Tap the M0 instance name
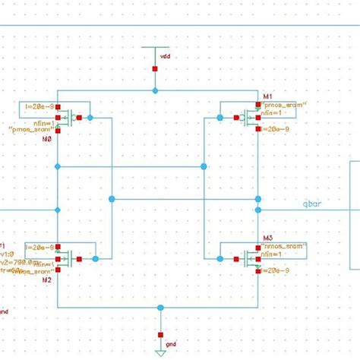(27, 139)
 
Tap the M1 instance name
(267, 96)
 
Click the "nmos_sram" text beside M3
(283, 247)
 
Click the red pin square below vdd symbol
(155, 68)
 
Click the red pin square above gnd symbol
(159, 333)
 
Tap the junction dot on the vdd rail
(155, 90)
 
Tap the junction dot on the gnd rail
(159, 308)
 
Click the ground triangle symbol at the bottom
(159, 352)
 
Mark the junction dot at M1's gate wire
(219, 118)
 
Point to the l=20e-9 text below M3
(279, 270)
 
